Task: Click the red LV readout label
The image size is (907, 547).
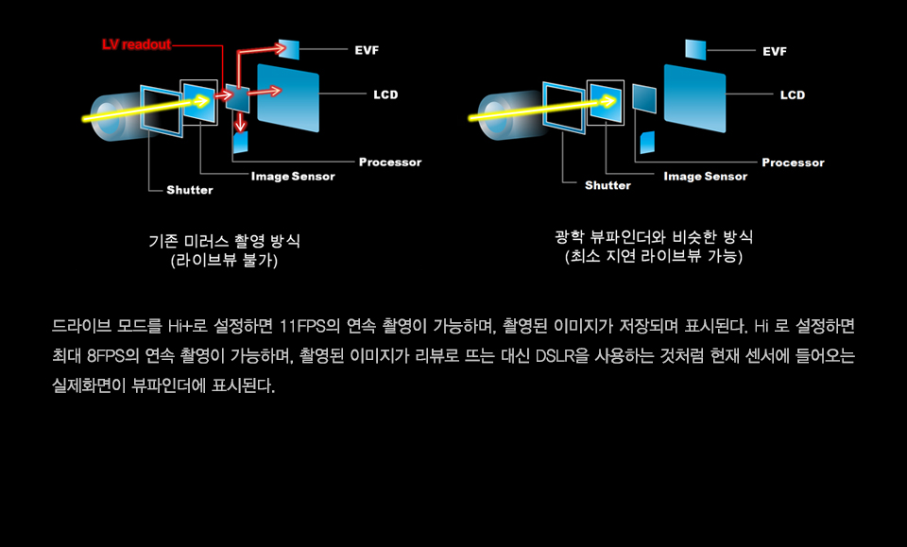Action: (x=136, y=44)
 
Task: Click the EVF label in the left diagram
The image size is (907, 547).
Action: (x=367, y=50)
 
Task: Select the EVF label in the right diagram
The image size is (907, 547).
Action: (x=775, y=51)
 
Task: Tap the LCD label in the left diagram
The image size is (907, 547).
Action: (x=385, y=94)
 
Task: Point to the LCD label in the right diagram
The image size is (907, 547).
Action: (x=793, y=94)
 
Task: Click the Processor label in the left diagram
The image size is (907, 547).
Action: (x=390, y=162)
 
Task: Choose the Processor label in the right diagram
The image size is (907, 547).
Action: (x=793, y=162)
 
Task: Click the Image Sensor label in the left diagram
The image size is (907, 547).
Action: (x=293, y=177)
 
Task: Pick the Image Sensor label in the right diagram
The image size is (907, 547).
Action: (x=706, y=177)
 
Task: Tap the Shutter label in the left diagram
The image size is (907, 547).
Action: (x=190, y=190)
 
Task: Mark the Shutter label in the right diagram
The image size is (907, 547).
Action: (x=608, y=185)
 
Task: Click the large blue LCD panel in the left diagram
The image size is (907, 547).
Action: (x=288, y=97)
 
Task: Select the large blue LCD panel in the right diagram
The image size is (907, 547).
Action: (x=694, y=98)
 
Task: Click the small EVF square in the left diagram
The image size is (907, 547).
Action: (x=289, y=49)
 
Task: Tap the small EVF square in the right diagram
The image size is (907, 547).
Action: (x=695, y=50)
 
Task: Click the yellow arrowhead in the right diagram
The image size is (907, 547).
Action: (x=608, y=102)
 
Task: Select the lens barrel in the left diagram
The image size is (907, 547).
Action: (x=115, y=116)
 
